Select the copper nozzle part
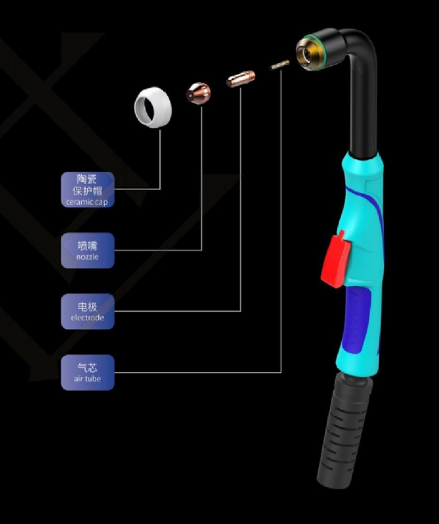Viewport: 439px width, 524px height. tap(199, 92)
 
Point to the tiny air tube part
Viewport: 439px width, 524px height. tap(278, 66)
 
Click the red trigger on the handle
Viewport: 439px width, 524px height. tap(336, 259)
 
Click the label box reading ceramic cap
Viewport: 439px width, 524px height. tap(87, 189)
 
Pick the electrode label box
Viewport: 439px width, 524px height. tap(87, 312)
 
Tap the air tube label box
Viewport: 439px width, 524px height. tap(87, 373)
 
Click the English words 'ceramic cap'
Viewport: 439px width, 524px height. tap(87, 202)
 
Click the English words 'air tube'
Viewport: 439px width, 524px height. tap(87, 379)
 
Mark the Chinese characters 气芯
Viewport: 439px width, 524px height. tap(87, 367)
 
